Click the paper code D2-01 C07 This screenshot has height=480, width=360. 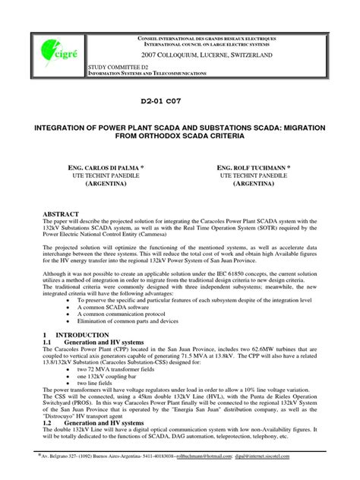180,99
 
